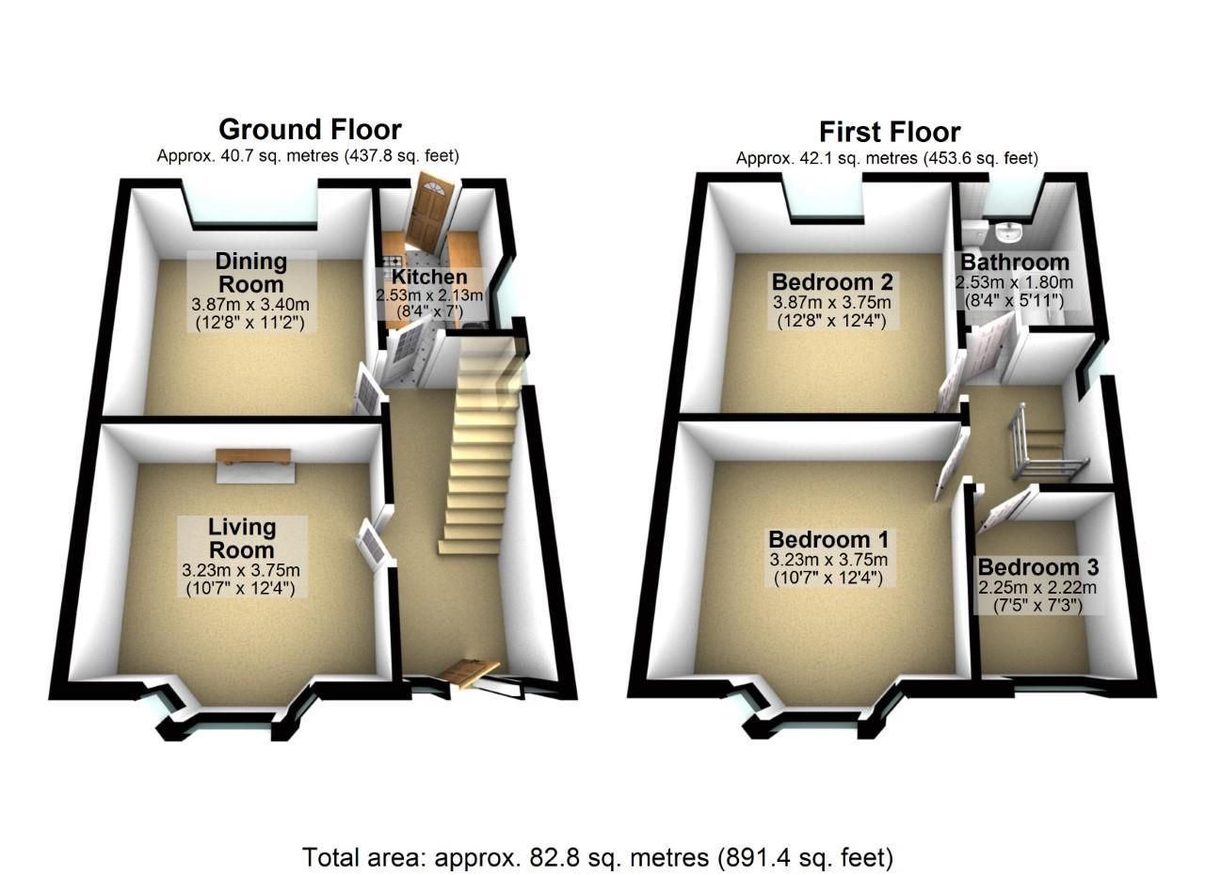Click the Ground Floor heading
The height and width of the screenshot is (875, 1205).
310,130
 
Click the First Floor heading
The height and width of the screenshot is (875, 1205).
889,132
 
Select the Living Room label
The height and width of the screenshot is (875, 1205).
242,538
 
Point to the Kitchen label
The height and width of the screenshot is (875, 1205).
429,277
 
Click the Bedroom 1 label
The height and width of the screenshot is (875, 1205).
828,539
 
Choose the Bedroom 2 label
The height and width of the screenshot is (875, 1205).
832,281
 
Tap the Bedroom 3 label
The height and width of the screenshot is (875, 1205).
1037,567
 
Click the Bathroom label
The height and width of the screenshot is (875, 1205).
1014,262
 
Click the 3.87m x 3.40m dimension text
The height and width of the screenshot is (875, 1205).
250,305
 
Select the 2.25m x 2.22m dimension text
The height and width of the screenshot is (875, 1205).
1037,588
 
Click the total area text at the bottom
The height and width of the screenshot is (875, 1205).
597,857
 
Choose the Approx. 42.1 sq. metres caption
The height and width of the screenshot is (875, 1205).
887,158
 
